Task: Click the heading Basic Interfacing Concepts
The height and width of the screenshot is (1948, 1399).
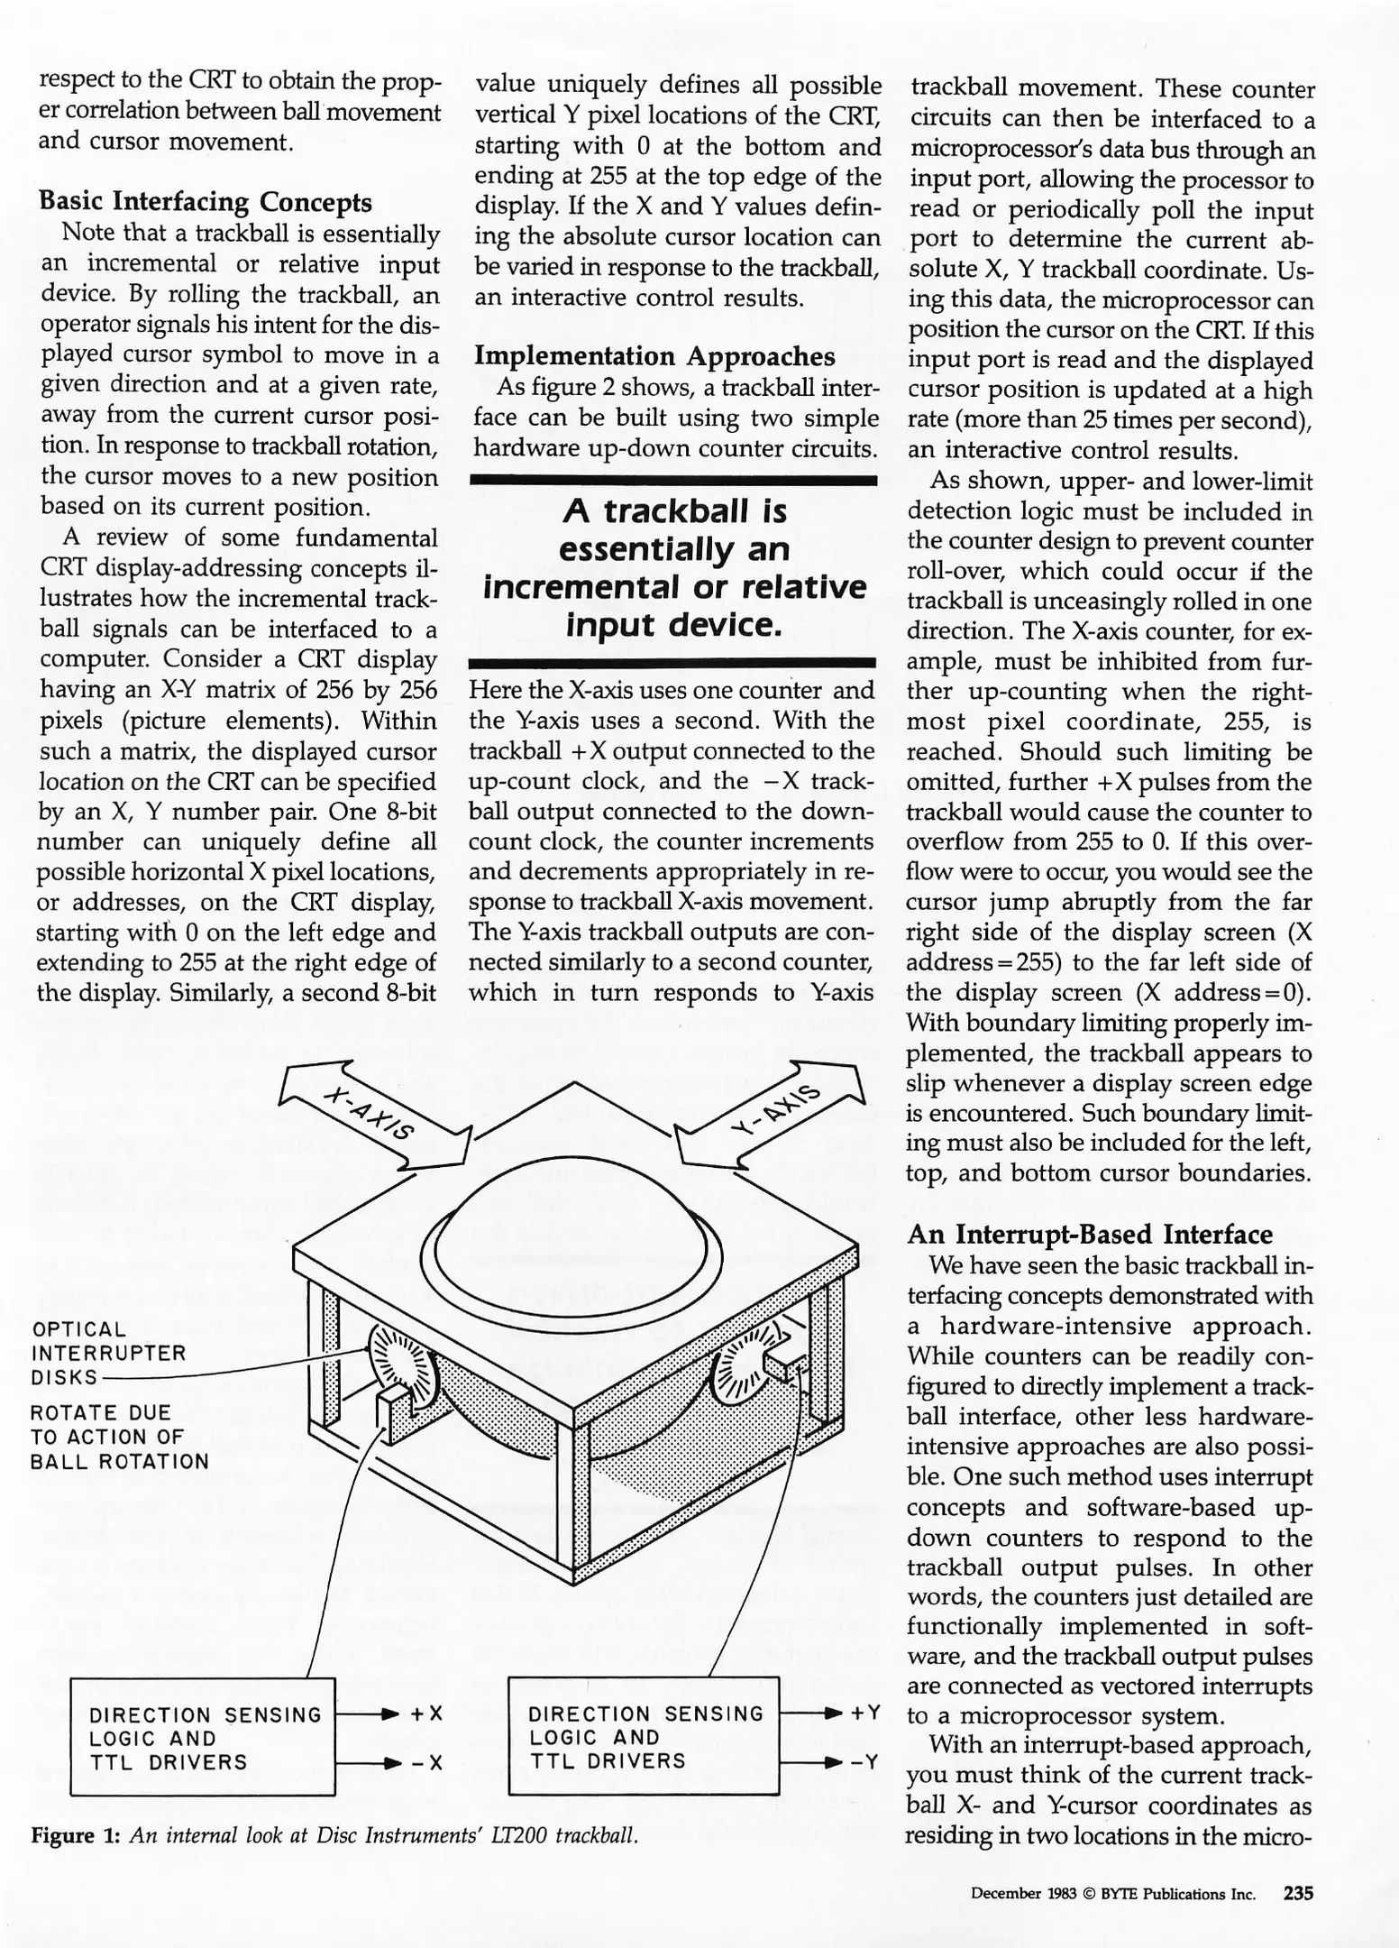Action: tap(206, 201)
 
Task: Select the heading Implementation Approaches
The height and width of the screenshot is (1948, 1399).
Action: tap(654, 356)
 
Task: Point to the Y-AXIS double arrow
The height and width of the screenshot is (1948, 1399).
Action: tap(772, 1111)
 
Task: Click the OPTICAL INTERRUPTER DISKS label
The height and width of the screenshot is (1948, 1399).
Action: tap(108, 1353)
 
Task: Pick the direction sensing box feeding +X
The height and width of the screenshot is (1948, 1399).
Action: tap(203, 1737)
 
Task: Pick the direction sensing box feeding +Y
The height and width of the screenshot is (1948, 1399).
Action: tap(644, 1736)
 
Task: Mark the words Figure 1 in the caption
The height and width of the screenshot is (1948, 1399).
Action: tap(76, 1835)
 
